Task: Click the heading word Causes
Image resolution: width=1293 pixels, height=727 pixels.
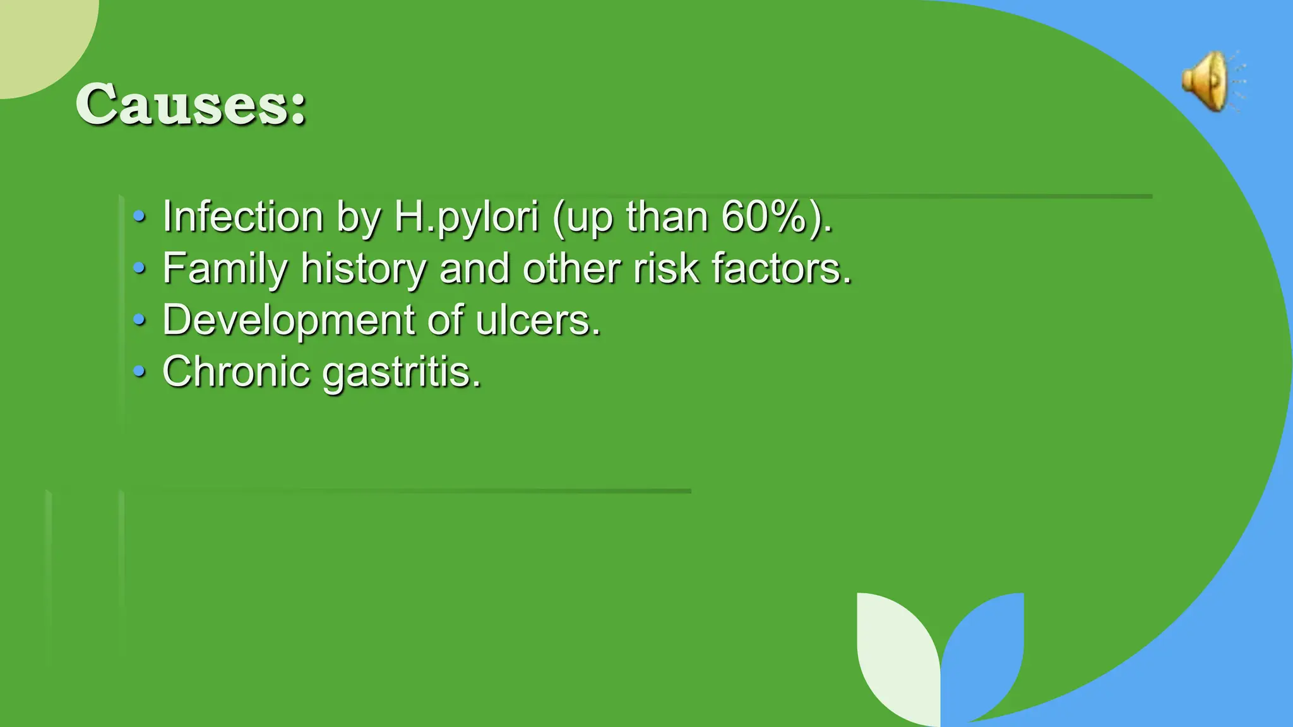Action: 189,104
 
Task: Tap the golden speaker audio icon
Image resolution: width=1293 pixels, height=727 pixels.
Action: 1209,82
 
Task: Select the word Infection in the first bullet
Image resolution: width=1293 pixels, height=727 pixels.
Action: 243,216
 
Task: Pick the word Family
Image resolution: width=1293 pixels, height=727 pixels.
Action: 225,268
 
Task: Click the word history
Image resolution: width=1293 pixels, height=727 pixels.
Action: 363,268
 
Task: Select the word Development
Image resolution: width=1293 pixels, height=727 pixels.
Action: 288,320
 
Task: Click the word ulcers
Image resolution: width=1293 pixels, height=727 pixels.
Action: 537,320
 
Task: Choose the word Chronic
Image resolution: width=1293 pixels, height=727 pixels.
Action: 236,371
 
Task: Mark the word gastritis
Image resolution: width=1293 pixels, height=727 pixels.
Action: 401,372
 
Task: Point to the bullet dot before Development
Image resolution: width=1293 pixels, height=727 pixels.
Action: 139,321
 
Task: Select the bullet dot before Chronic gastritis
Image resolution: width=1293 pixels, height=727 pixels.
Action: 139,372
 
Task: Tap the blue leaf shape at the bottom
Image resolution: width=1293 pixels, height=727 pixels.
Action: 985,650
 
